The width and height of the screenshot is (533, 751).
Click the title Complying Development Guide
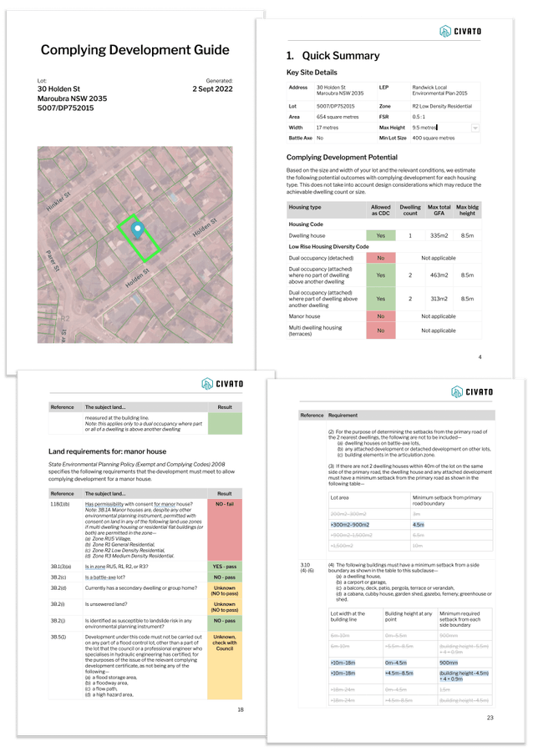pyautogui.click(x=135, y=50)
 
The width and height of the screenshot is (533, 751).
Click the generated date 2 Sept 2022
pyautogui.click(x=212, y=88)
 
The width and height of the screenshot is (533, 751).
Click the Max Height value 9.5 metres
pyautogui.click(x=425, y=128)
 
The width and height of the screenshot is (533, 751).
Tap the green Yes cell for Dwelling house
pyautogui.click(x=380, y=236)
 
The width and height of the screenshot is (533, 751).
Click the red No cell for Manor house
pyautogui.click(x=380, y=316)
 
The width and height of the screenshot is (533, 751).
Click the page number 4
pyautogui.click(x=480, y=357)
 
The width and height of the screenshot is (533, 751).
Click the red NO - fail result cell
pyautogui.click(x=225, y=532)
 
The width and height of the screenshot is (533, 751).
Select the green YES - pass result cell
pyautogui.click(x=225, y=567)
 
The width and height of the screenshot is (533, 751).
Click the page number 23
pyautogui.click(x=490, y=718)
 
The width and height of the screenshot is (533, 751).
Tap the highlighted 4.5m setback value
pyautogui.click(x=419, y=524)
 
